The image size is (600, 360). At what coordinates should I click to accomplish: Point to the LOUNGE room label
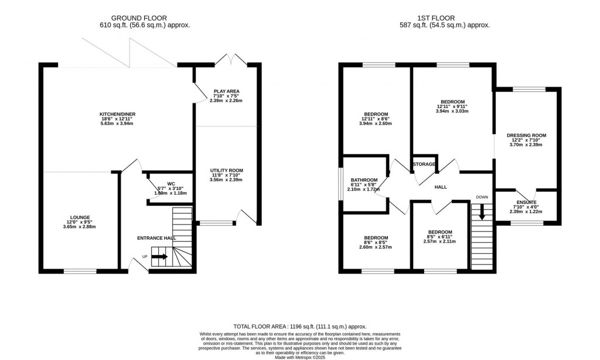[x=80, y=218]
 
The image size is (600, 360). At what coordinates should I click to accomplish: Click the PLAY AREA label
[x=226, y=91]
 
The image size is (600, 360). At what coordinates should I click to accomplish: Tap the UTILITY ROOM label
[x=226, y=171]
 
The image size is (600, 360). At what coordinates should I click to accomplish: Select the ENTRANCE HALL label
[x=156, y=238]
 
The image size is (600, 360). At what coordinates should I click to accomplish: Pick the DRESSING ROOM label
[x=526, y=135]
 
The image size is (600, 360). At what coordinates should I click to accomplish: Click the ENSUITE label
[x=526, y=202]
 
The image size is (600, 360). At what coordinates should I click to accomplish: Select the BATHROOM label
[x=364, y=180]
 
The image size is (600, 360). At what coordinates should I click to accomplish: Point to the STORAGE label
[x=424, y=164]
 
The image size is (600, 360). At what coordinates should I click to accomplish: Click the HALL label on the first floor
[x=441, y=187]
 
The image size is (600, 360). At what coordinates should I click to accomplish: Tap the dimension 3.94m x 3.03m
[x=452, y=111]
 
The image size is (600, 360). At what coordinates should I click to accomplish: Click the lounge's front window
[x=80, y=271]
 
